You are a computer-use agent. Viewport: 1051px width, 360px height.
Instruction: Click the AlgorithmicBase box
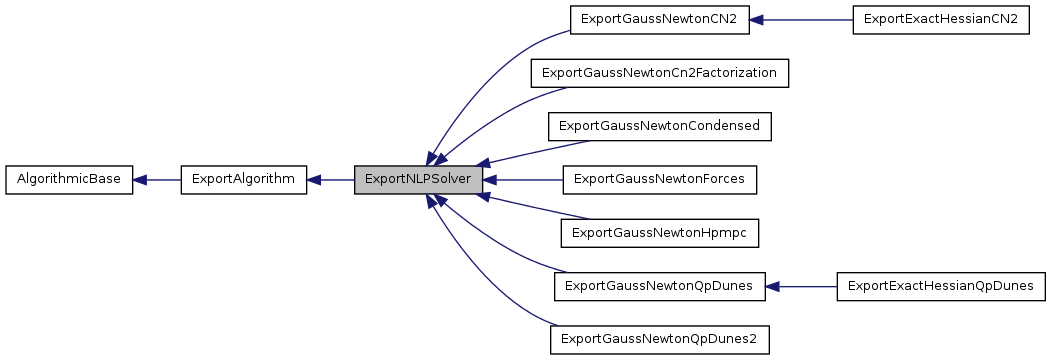click(x=69, y=180)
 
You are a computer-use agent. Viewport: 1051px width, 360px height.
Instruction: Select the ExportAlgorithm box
click(x=243, y=180)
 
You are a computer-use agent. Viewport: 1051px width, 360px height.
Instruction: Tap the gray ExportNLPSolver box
click(x=419, y=180)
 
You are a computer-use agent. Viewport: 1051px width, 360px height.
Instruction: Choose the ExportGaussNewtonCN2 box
click(x=659, y=20)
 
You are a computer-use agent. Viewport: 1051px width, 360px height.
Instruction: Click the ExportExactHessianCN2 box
click(x=940, y=20)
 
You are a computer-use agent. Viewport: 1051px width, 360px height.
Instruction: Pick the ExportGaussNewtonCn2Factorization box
click(x=660, y=73)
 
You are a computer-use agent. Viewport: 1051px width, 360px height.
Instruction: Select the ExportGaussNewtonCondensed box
click(x=660, y=126)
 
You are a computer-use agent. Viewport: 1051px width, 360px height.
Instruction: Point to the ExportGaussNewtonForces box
click(x=660, y=180)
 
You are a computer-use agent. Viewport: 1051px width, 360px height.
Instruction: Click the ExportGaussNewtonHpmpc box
click(x=660, y=233)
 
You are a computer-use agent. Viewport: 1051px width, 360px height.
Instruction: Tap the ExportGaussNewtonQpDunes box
click(x=659, y=286)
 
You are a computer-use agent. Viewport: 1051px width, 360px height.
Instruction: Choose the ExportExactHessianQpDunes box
click(x=940, y=286)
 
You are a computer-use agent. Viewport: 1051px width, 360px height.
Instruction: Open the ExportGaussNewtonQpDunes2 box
click(x=660, y=340)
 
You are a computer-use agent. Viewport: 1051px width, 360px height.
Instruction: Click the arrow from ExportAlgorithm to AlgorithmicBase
click(x=156, y=180)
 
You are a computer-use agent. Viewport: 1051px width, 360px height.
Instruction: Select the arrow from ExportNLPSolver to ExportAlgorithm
click(x=330, y=180)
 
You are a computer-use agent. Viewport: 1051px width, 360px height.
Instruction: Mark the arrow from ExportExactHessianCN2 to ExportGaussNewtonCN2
click(x=800, y=20)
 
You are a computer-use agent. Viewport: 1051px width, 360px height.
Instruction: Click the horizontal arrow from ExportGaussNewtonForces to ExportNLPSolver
click(x=525, y=180)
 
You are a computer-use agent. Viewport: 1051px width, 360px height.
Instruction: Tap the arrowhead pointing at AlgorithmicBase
click(x=141, y=180)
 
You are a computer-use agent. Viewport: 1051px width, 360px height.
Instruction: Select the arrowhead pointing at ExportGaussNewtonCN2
click(x=758, y=20)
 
